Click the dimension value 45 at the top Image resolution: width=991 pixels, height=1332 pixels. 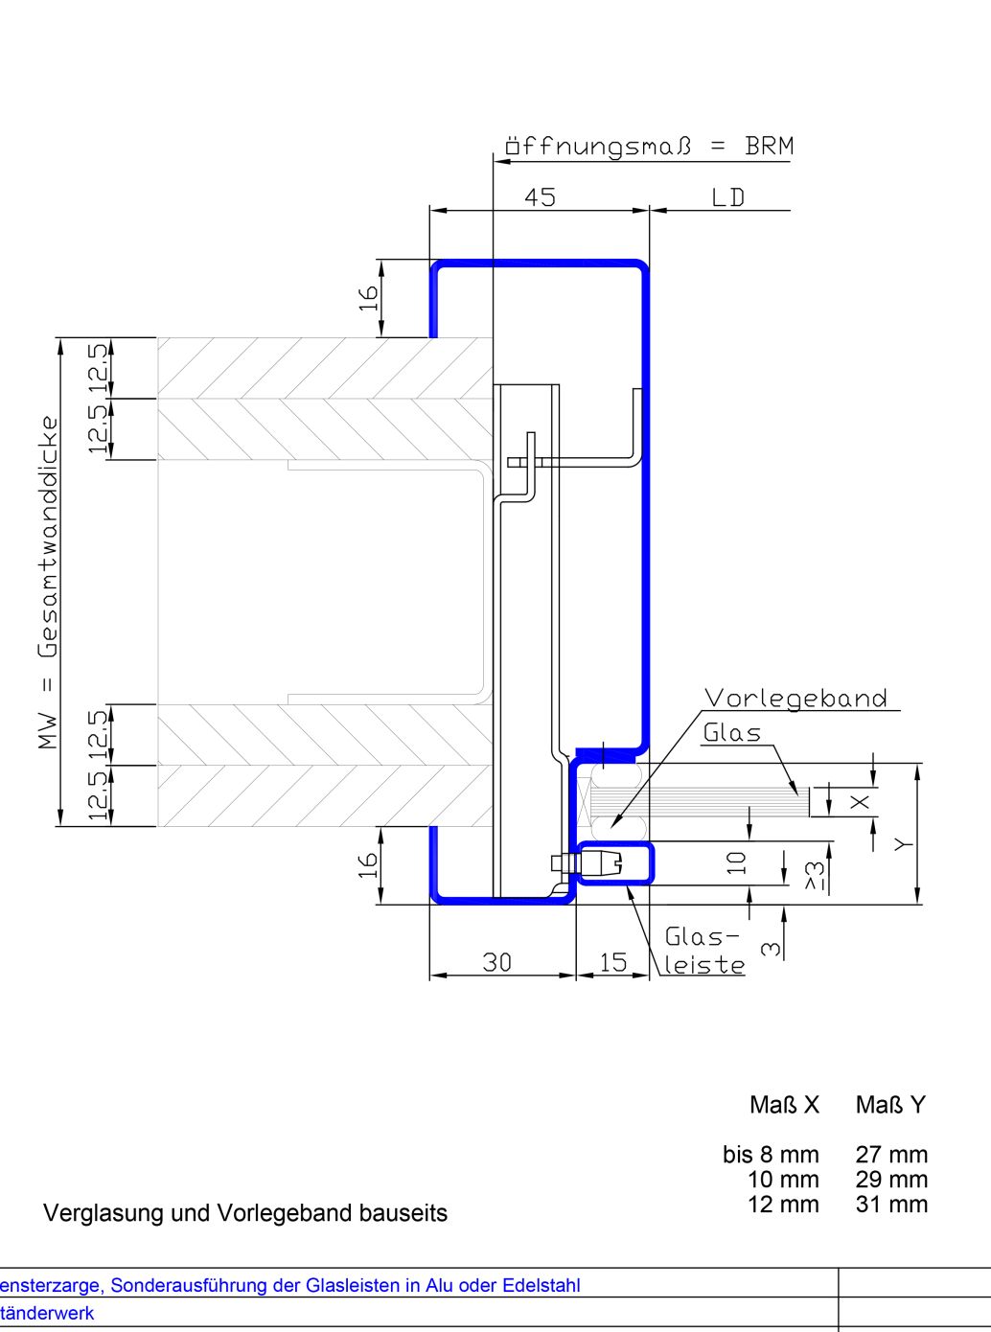click(540, 197)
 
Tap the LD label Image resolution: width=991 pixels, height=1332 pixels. click(728, 197)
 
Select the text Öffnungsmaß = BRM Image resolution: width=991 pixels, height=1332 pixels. click(649, 147)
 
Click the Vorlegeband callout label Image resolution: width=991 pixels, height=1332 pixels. click(795, 699)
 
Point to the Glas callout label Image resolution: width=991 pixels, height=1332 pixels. click(732, 733)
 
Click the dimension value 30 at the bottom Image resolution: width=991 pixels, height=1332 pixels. click(496, 962)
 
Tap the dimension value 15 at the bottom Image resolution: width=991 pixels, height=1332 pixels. click(612, 962)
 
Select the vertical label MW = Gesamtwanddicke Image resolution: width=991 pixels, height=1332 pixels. click(48, 583)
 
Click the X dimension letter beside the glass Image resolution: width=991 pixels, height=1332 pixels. click(860, 802)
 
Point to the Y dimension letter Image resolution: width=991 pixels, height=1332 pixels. click(903, 844)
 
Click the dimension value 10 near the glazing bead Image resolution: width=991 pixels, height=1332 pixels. click(737, 862)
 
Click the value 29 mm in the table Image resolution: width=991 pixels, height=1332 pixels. click(892, 1180)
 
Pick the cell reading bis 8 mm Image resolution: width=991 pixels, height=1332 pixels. click(772, 1154)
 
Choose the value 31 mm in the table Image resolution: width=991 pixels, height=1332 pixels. click(892, 1205)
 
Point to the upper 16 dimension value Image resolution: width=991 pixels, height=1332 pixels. click(368, 298)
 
